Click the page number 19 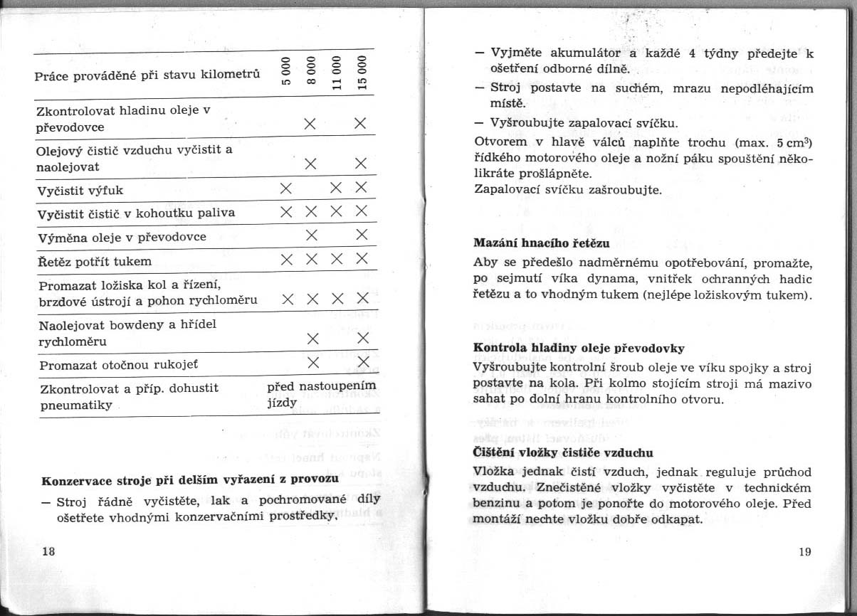(805, 551)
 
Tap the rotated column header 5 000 (285, 71)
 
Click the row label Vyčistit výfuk (82, 190)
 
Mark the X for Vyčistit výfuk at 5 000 (285, 188)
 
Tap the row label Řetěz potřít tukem (95, 261)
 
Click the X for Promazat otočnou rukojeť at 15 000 (361, 362)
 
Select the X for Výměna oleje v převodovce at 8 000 (310, 235)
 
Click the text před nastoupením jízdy (320, 394)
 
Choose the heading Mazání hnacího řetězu (542, 243)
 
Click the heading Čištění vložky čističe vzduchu (563, 452)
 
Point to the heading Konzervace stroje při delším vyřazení (190, 479)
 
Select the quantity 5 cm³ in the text (790, 141)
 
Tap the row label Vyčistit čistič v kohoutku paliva (137, 213)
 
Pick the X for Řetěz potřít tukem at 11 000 (336, 260)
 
